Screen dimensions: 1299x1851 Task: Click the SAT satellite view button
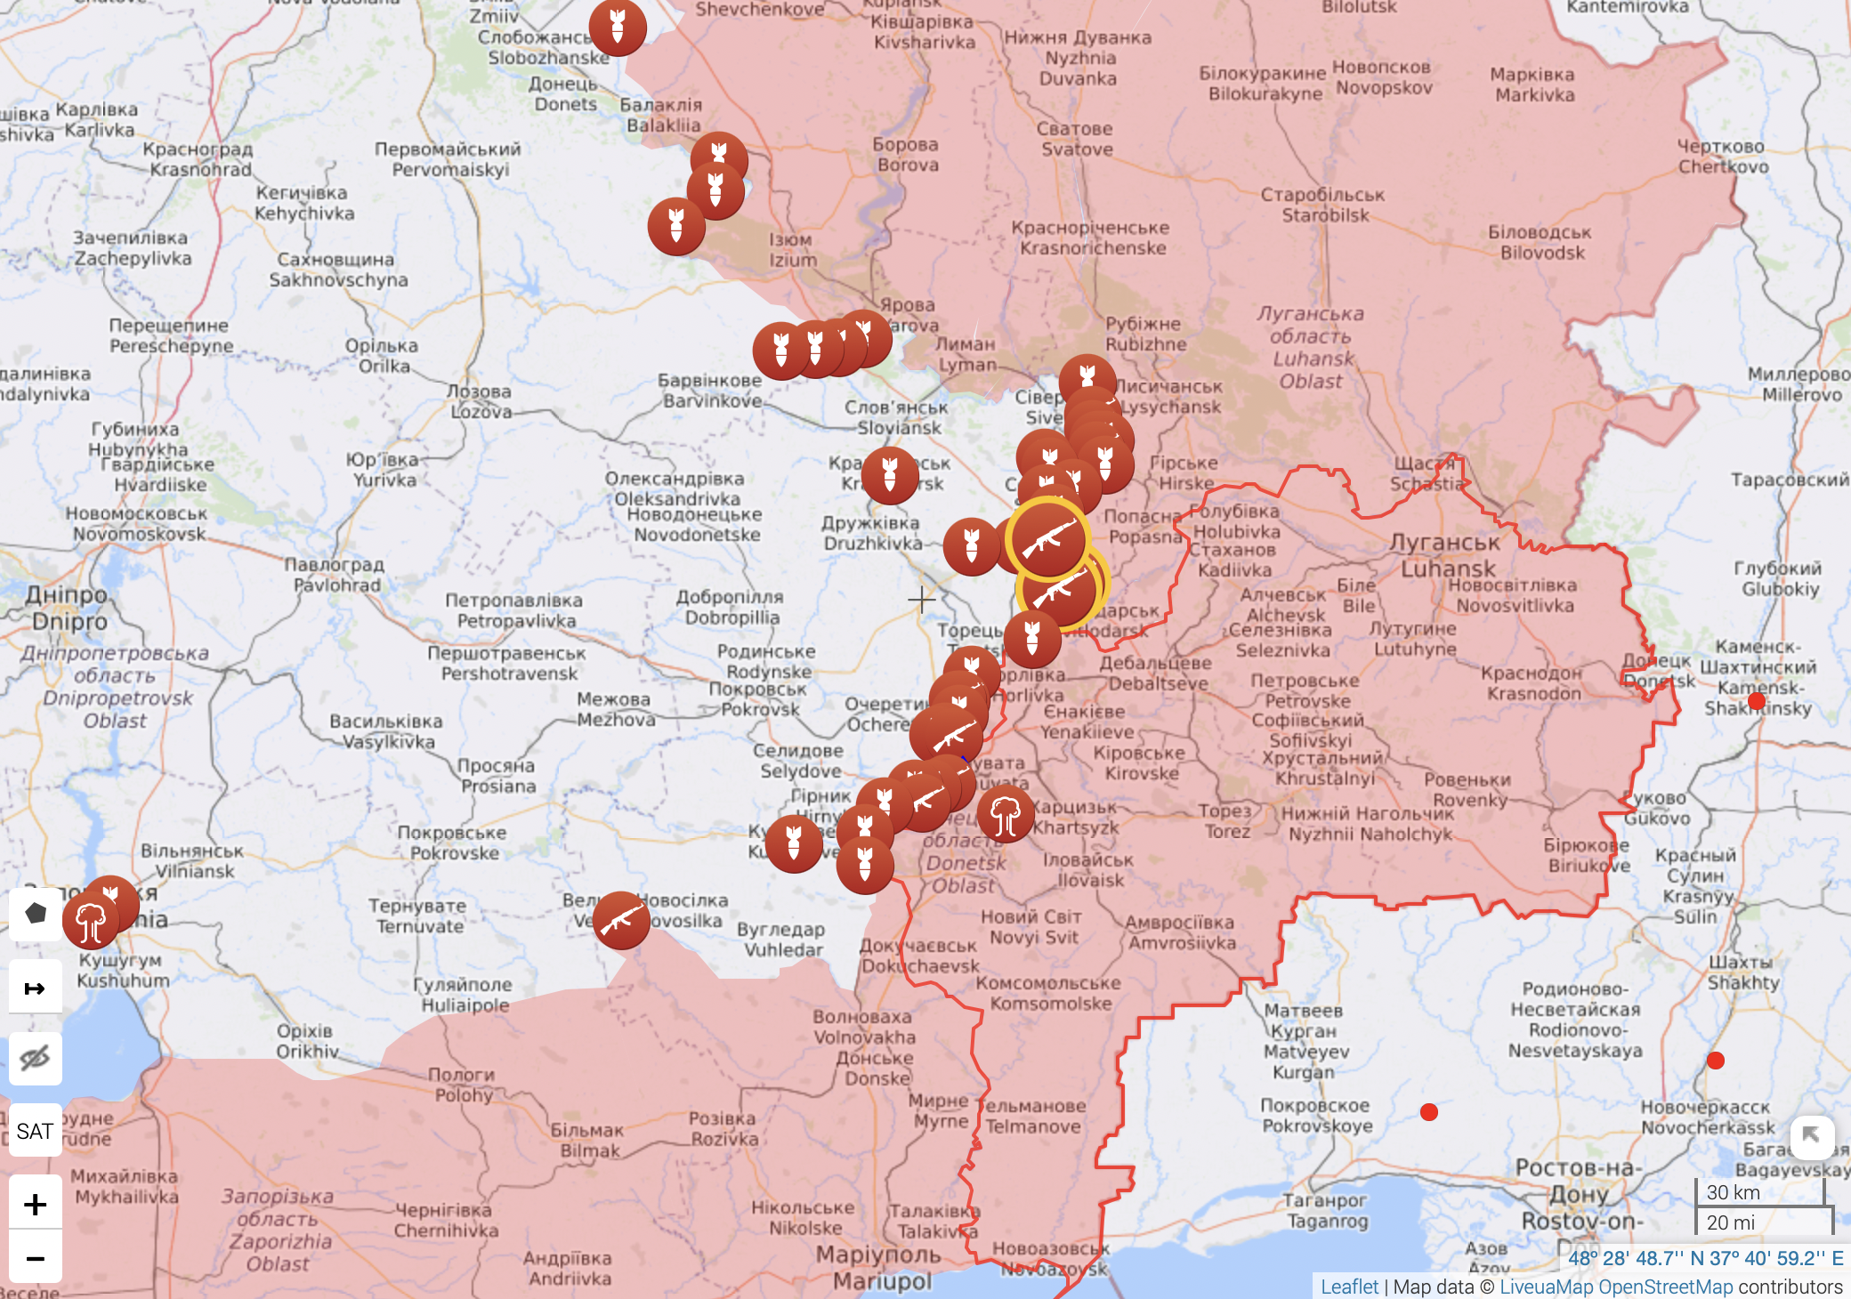pos(35,1131)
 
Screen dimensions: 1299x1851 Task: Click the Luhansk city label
pos(1447,555)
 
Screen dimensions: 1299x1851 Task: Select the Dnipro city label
pos(68,609)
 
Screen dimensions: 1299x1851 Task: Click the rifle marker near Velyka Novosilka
pos(620,921)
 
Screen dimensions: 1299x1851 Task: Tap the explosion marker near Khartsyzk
pos(1006,814)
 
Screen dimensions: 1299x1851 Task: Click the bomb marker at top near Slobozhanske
pos(617,27)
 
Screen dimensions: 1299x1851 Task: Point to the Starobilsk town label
pos(1323,205)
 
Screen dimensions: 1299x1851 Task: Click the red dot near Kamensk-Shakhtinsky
pos(1756,701)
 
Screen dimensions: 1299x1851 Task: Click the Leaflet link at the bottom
pos(1348,1287)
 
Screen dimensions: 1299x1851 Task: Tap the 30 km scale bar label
pos(1733,1192)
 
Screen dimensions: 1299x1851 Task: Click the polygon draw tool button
pos(36,913)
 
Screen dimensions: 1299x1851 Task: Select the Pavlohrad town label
pos(335,575)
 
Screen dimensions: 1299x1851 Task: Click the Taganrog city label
pos(1325,1210)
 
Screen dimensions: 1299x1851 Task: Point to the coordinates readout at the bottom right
pos(1704,1258)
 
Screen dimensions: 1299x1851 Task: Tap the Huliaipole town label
pos(464,995)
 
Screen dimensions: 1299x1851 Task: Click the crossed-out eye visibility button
pos(35,1058)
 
